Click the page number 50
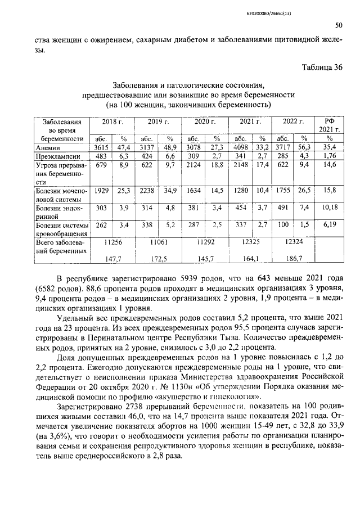338,25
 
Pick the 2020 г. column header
205,121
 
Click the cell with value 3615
101,147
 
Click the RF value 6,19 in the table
329,226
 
